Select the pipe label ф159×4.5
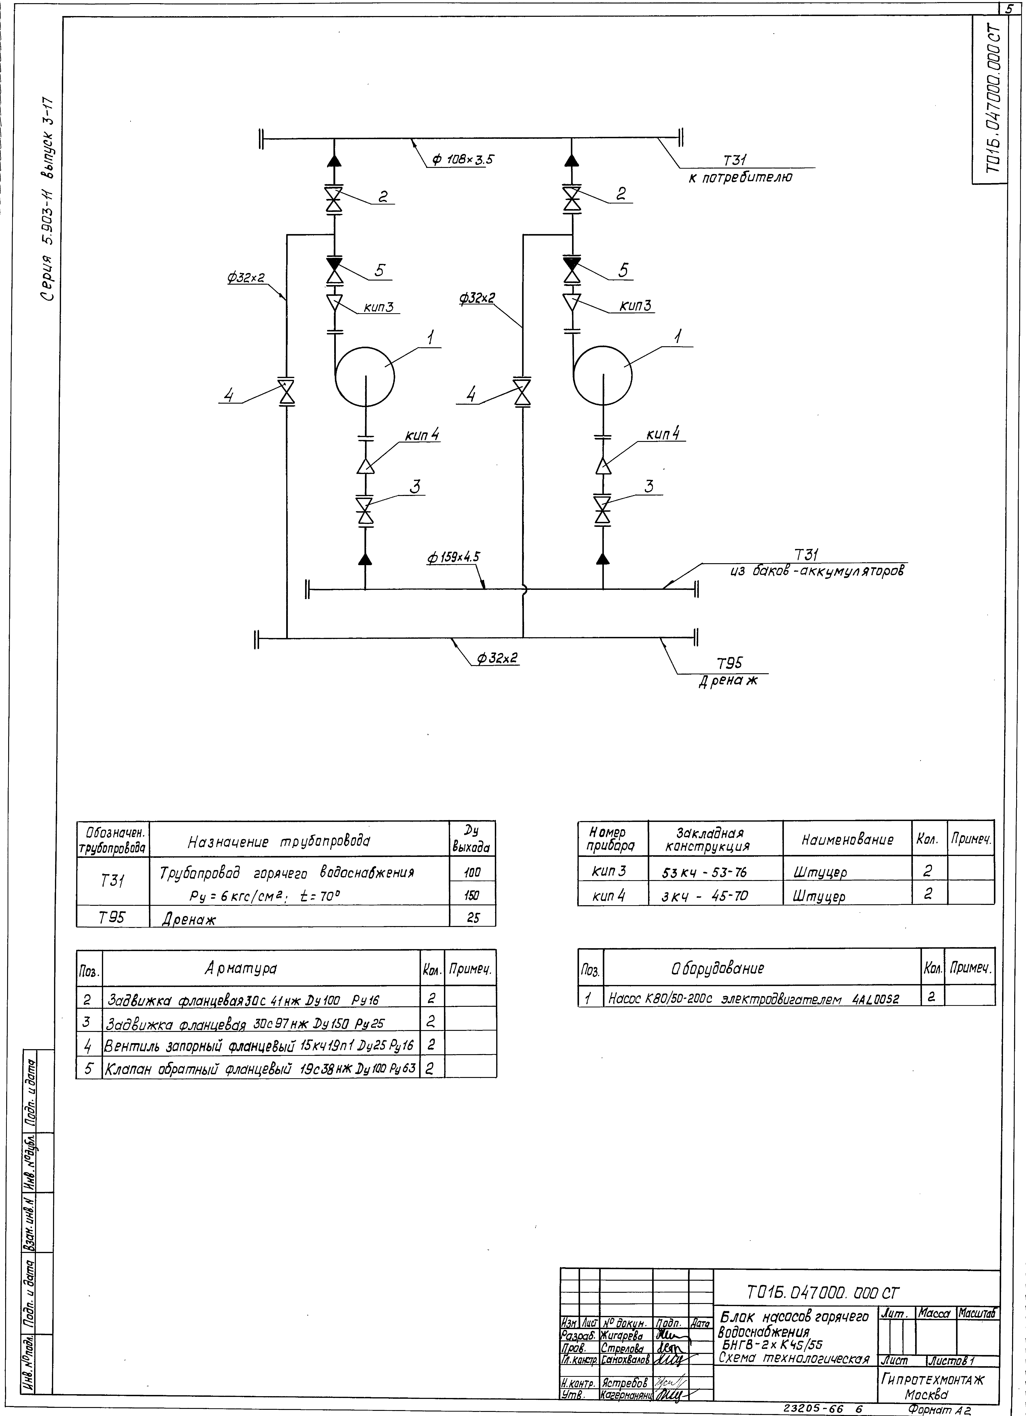454,557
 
